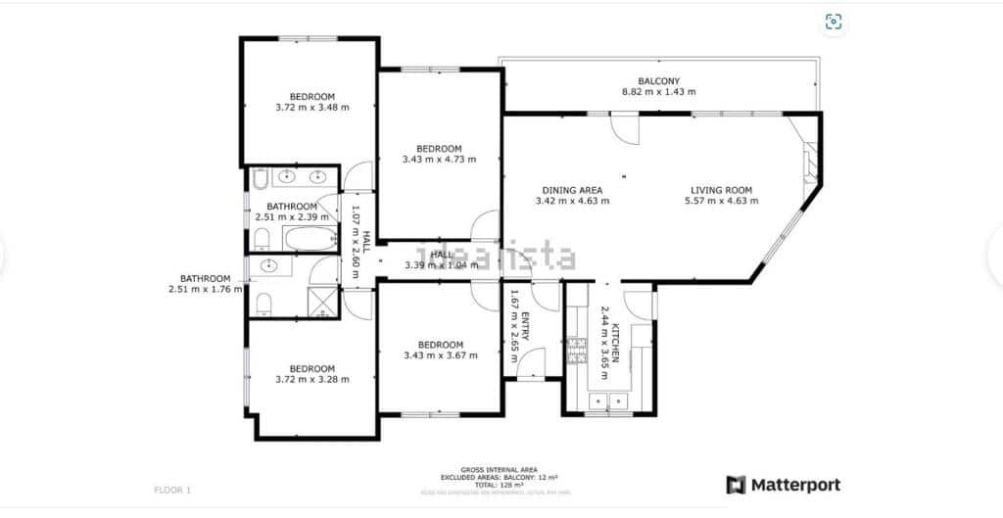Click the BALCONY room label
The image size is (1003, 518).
click(658, 81)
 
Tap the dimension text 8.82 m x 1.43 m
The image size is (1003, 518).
click(658, 92)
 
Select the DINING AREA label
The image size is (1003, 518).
click(572, 190)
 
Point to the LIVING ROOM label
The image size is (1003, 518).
click(721, 190)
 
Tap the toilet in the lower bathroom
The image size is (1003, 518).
click(263, 304)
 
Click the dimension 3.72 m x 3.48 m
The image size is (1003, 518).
click(312, 107)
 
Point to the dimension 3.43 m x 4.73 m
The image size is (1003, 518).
click(439, 160)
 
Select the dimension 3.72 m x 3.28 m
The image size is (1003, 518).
click(312, 379)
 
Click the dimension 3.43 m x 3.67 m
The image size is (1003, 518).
click(440, 355)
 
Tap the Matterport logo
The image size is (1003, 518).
click(783, 485)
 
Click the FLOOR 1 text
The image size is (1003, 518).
click(173, 489)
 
